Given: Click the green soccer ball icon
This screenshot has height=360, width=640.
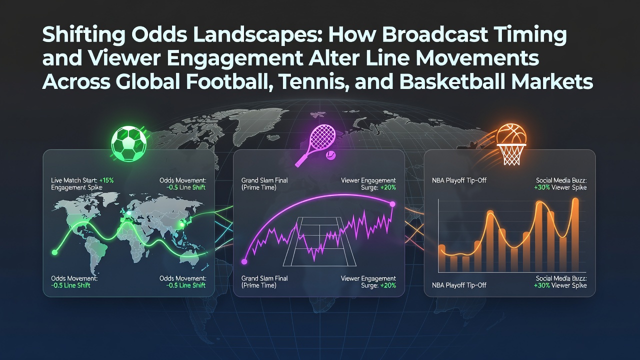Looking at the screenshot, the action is click(128, 143).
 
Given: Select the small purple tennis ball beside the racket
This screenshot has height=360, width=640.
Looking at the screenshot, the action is click(330, 155).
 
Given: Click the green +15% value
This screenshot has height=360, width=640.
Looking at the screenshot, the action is click(106, 180).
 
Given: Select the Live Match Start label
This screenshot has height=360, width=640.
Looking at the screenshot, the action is click(74, 180).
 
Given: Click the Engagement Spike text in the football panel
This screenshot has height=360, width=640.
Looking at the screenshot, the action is click(76, 187).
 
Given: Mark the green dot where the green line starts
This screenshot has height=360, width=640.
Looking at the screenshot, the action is click(54, 252).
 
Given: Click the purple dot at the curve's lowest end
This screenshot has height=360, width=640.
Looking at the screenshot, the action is click(244, 261).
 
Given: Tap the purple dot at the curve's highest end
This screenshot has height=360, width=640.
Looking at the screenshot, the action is click(392, 204).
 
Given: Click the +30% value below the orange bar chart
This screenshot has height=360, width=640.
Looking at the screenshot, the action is click(541, 285).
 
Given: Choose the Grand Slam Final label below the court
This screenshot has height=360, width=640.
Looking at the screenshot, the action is click(264, 278).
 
